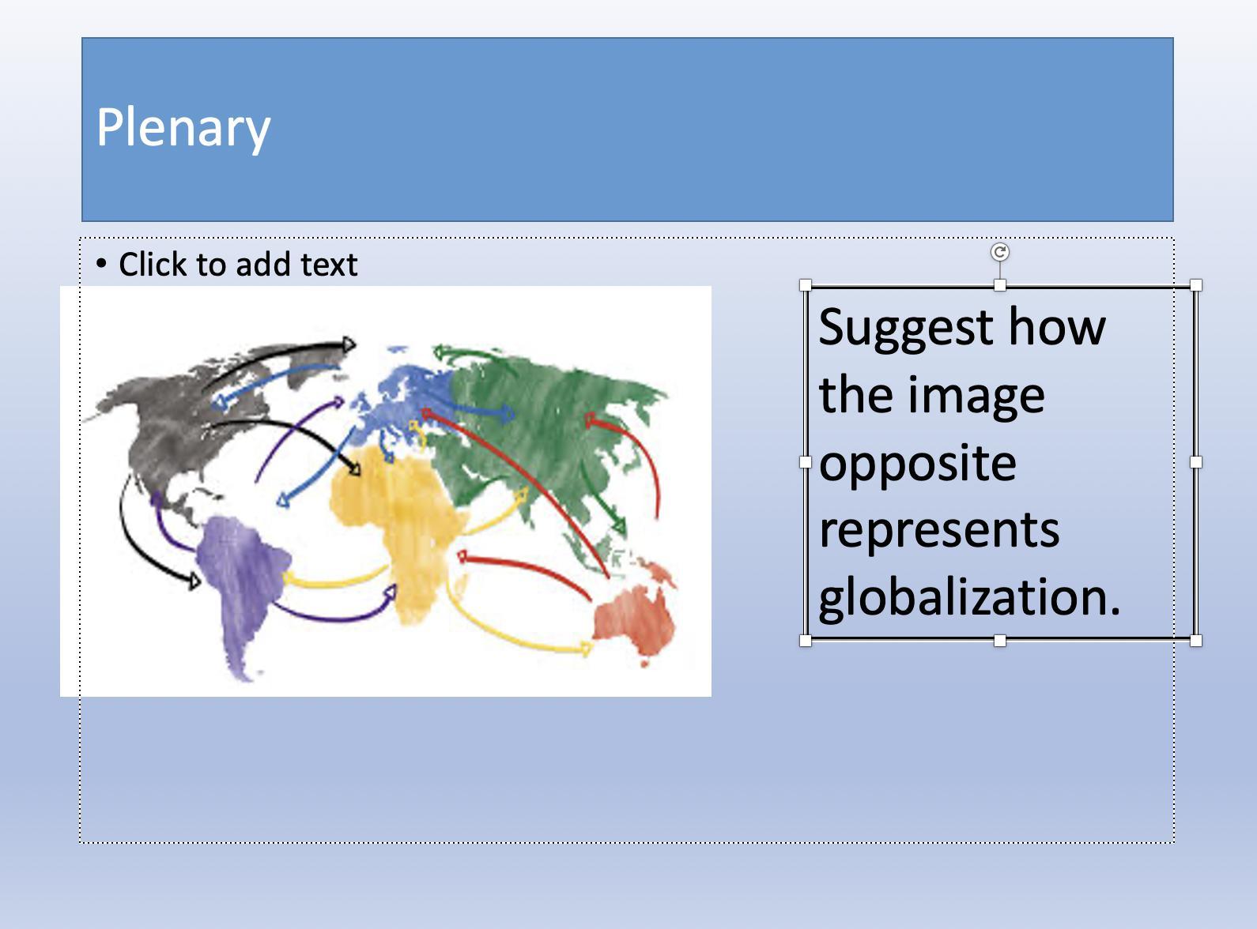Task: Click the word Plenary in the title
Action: click(183, 128)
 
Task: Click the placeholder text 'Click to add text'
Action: click(238, 264)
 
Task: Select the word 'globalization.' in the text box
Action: click(970, 600)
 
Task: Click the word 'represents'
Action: click(939, 531)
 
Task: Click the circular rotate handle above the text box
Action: click(1000, 252)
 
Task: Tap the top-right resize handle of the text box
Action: click(1196, 285)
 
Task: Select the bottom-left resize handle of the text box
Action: click(806, 641)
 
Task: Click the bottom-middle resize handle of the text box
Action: click(1000, 641)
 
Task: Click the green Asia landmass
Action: click(544, 431)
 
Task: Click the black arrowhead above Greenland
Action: click(349, 344)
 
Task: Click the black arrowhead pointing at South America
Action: click(194, 581)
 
